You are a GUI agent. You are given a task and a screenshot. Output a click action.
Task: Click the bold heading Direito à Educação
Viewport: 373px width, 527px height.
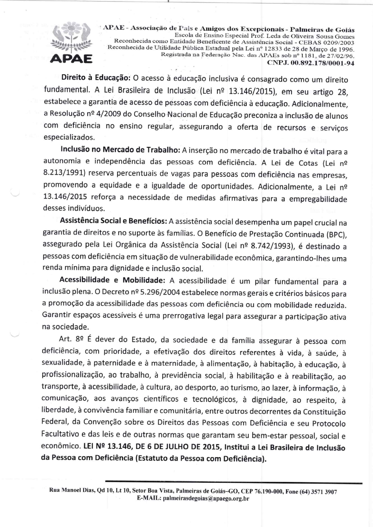point(96,77)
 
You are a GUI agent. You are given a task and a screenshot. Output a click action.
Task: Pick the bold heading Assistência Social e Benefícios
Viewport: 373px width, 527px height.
point(113,221)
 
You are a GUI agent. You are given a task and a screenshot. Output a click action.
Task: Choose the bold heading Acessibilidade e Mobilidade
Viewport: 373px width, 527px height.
point(112,280)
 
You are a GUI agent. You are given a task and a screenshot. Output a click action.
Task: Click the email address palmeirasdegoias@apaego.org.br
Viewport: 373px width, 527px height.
point(206,499)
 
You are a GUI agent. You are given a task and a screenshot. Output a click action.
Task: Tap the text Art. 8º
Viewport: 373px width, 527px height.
point(71,339)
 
